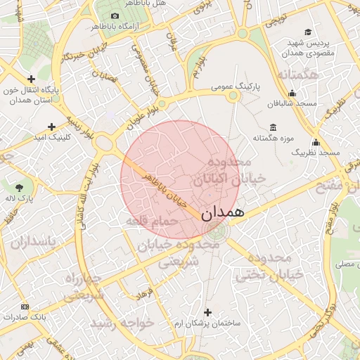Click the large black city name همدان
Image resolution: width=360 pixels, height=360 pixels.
[x=222, y=213]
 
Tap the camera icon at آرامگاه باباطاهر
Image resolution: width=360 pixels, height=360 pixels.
[x=115, y=15]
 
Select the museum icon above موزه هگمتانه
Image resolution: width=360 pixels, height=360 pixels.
[x=273, y=127]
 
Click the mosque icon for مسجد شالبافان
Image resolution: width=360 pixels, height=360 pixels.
[x=292, y=93]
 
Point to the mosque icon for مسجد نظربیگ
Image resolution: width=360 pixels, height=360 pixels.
[x=316, y=141]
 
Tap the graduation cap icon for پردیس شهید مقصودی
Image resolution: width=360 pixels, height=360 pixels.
[x=308, y=32]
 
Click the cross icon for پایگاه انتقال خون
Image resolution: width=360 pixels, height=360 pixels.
[x=30, y=79]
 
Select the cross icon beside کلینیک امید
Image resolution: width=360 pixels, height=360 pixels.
[x=51, y=127]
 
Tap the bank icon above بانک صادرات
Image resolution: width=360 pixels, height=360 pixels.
[x=25, y=307]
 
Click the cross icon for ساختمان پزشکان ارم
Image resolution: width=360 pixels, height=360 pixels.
[x=207, y=311]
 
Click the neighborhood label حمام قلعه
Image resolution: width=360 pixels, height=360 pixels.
[x=150, y=221]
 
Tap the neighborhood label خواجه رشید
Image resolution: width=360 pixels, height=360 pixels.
[x=121, y=324]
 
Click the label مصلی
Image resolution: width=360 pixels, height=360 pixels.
[x=345, y=264]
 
